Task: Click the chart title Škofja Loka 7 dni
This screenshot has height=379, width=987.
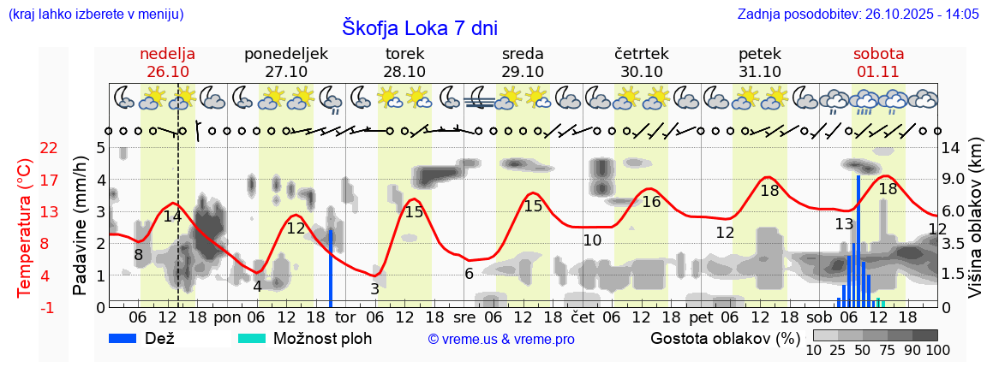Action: tap(419, 27)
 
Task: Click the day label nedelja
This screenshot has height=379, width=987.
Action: tap(168, 54)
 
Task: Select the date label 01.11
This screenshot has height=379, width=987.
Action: tap(878, 72)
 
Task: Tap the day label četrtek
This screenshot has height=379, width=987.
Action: tap(642, 54)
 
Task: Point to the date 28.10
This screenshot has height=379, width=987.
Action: tap(404, 72)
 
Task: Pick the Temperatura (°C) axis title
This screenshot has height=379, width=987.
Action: tap(25, 228)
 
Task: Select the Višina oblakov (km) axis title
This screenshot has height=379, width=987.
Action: tap(974, 228)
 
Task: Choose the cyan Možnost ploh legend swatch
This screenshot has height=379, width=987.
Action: tap(252, 338)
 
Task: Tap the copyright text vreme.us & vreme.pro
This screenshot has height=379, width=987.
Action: tap(501, 340)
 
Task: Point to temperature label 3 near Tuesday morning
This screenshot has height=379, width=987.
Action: tap(374, 289)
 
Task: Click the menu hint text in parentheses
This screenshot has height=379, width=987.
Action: tap(95, 15)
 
